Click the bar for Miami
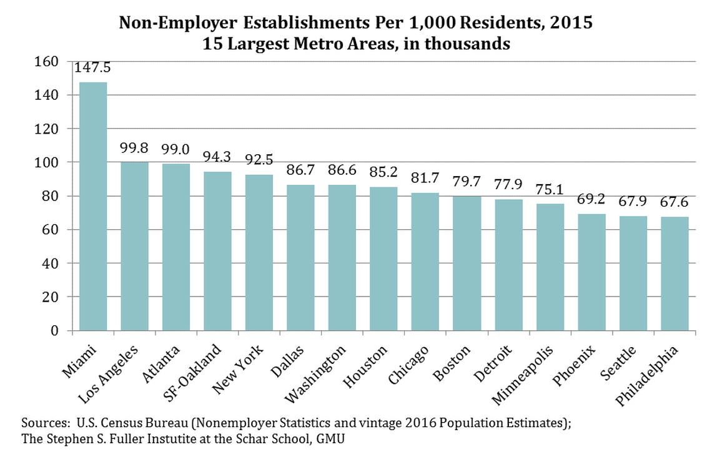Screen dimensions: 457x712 pos(93,206)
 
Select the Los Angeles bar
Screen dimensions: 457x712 pos(134,246)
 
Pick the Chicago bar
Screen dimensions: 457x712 pos(425,262)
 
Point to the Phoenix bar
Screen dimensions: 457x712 pos(591,272)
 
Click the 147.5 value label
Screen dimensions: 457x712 pos(93,68)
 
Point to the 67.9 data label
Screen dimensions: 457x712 pos(633,202)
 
